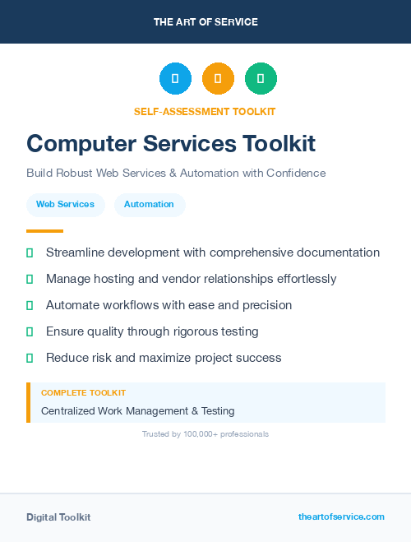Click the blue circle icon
pos(175,79)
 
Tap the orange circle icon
pos(218,79)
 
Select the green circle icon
pos(261,79)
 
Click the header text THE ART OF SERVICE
pos(205,22)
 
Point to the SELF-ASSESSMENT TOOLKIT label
pos(205,111)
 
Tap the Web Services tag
pos(65,204)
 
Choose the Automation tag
pos(149,204)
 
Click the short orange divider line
pos(44,231)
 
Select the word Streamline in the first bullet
pos(75,252)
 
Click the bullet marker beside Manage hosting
pos(30,279)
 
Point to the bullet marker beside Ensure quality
pos(30,331)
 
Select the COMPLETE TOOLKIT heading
pos(83,393)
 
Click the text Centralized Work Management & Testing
pos(137,410)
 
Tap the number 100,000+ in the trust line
pos(201,433)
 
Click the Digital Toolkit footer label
pos(58,517)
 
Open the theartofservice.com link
pos(341,517)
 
